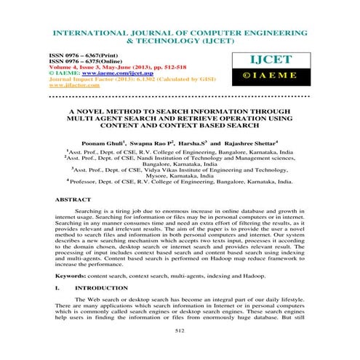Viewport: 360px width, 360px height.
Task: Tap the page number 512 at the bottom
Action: (x=180, y=330)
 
